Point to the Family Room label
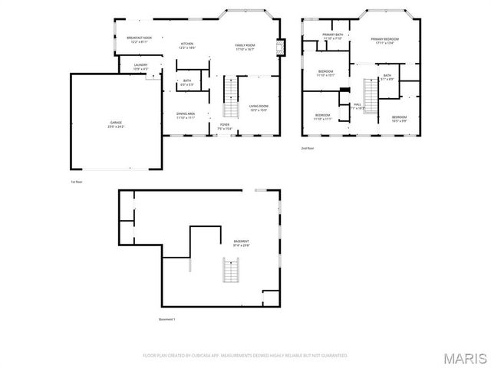(x=245, y=47)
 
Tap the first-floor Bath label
(x=187, y=82)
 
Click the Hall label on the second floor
(x=358, y=106)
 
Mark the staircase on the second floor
(x=371, y=95)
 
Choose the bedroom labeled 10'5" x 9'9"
(x=399, y=118)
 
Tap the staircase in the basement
(x=229, y=270)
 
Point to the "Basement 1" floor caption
(x=167, y=319)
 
